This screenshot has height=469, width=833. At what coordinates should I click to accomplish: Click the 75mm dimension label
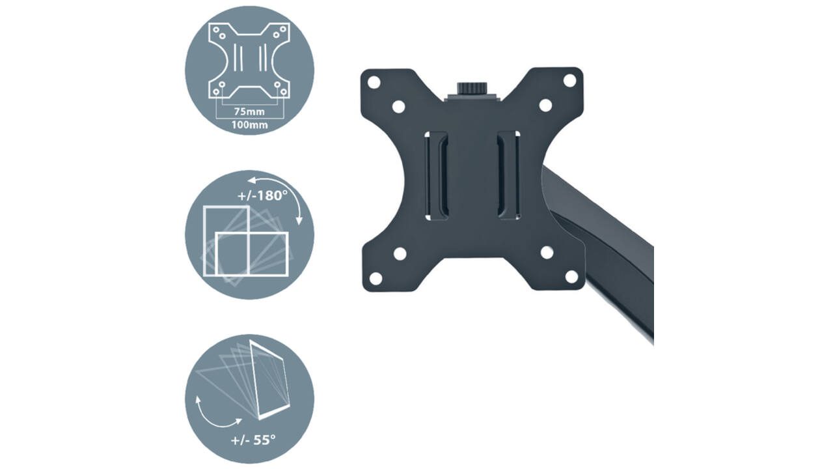[x=249, y=111]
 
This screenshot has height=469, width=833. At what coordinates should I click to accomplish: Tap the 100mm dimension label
[x=249, y=124]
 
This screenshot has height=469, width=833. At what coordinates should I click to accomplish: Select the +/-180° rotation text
[x=262, y=195]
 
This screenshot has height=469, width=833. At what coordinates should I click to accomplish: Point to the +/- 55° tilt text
[x=253, y=440]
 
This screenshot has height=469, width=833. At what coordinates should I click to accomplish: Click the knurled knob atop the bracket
[x=472, y=89]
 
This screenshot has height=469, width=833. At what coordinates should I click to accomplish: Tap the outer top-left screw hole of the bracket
[x=374, y=82]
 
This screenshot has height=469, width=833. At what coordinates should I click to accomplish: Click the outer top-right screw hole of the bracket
[x=569, y=80]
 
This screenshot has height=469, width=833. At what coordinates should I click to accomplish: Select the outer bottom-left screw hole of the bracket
[x=376, y=278]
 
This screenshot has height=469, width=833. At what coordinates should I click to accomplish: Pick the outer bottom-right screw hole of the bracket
[x=571, y=277]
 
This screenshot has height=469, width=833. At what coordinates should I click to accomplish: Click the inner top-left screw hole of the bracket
[x=399, y=107]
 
